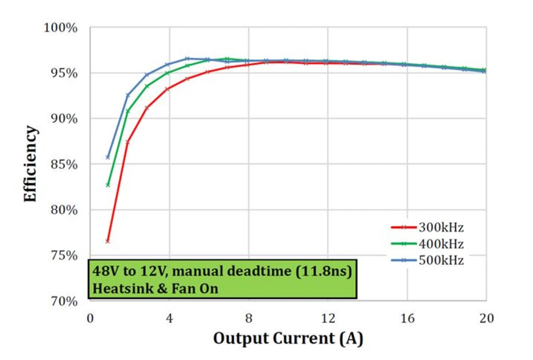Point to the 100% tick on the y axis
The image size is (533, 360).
[x=61, y=28]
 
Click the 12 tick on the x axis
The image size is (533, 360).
[x=328, y=319]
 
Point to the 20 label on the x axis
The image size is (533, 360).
[x=486, y=319]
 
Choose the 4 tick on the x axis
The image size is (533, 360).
[x=169, y=319]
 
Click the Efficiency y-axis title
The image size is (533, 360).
[x=30, y=164]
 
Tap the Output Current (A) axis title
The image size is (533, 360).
[x=288, y=338]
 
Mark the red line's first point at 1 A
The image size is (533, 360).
[x=107, y=241]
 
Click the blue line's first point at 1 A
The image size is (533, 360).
[x=108, y=157]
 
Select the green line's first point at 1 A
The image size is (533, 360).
[x=108, y=185]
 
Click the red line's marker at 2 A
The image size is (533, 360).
[x=127, y=142]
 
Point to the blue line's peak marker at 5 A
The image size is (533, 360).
[x=187, y=59]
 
